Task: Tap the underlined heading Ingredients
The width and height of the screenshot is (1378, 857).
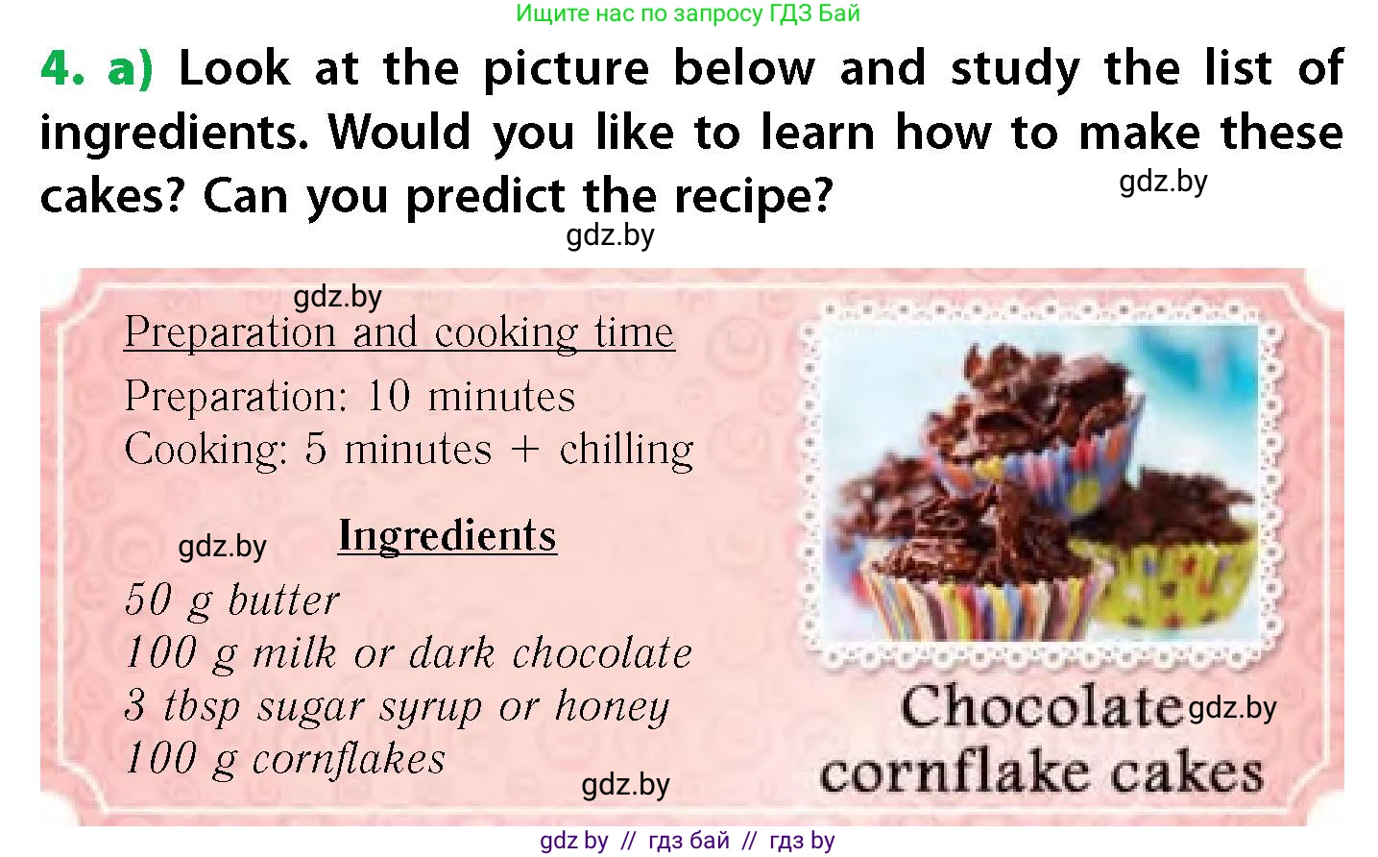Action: click(447, 536)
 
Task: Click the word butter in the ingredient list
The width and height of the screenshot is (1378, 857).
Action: click(283, 600)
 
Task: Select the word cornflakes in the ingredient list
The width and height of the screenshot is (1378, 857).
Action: click(349, 759)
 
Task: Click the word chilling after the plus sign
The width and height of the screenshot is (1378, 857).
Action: click(626, 450)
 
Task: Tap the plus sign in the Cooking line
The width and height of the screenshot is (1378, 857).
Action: click(524, 450)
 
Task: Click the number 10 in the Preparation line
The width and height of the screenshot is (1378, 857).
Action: click(388, 395)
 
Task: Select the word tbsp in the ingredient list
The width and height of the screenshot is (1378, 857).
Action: click(202, 706)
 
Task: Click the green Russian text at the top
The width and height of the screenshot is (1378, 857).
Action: click(688, 12)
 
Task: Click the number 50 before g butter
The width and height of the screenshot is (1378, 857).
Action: click(148, 600)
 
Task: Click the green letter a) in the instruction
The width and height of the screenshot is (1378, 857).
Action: click(130, 70)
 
